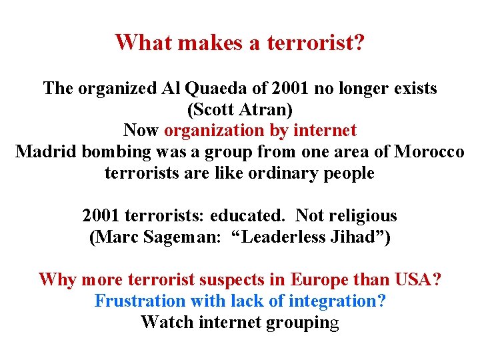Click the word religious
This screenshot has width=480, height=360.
(x=359, y=216)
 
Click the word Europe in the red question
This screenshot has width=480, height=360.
(x=323, y=279)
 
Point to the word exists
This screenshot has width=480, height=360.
(x=413, y=88)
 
